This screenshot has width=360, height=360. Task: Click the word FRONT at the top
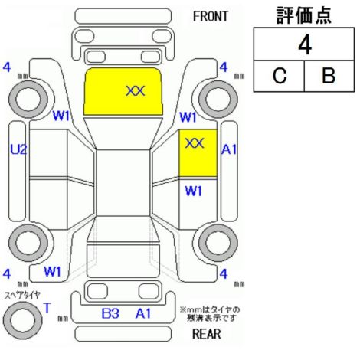pos(211,17)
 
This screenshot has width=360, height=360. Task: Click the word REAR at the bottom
pos(207,334)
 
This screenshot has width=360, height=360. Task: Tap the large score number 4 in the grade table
pos(305,45)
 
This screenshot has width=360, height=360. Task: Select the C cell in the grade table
pos(280,76)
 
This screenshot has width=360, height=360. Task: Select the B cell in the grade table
pos(329,76)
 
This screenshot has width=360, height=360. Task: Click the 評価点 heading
pos(304,15)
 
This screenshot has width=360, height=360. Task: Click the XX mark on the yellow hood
pos(136,91)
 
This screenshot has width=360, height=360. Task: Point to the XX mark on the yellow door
pos(195,143)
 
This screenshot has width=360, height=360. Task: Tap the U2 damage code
pos(18,149)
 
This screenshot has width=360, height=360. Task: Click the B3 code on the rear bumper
pos(110,313)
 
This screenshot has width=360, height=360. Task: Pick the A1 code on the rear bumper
pos(143,313)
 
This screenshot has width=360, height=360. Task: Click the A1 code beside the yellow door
pos(229,149)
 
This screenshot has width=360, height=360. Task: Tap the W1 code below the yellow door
pos(194,191)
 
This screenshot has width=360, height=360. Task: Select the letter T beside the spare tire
pos(47,308)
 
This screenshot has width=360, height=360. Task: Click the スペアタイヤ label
pos(22,296)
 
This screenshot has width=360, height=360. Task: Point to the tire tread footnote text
pos(210,314)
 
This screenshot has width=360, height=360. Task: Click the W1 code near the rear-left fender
pos(52,271)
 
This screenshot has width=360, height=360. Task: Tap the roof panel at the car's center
pos(123,183)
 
